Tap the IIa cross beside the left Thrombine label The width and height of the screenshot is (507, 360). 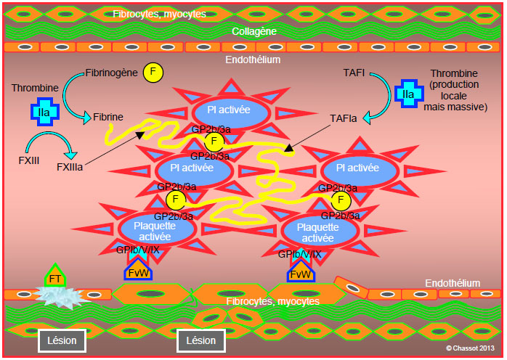pos(44,112)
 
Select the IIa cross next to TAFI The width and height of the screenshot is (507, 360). pos(409,94)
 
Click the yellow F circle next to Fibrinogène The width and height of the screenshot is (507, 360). pos(153,72)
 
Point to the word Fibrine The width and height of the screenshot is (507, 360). pos(108,117)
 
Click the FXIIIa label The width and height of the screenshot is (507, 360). pos(70,167)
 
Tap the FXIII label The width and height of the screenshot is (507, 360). pos(29,160)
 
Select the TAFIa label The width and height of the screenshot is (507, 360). pos(344,118)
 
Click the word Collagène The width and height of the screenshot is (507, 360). pos(254,31)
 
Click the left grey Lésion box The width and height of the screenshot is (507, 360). pos(62,340)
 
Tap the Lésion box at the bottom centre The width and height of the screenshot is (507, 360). pos(201,340)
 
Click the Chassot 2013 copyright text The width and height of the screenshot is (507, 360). pos(470,348)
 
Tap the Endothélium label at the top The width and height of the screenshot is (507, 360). pos(253,60)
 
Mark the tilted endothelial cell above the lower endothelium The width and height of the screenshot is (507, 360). pos(352,287)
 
